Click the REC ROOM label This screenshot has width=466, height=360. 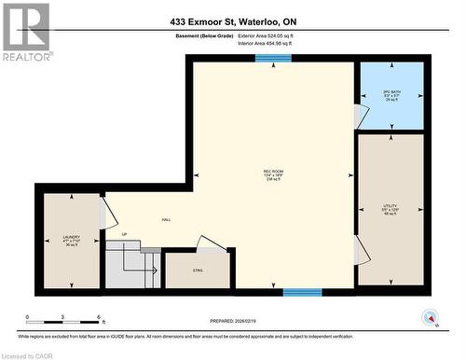[x=273, y=175]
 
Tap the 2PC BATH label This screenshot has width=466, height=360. [x=391, y=94]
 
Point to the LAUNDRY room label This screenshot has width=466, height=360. [x=72, y=240]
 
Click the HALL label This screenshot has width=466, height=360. [x=166, y=220]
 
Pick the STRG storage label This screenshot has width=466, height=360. [x=197, y=270]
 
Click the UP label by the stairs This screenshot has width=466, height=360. [x=124, y=234]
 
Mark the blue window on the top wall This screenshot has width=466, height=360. [x=274, y=58]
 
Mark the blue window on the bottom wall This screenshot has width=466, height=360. [x=302, y=292]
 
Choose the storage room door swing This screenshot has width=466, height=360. [x=211, y=243]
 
